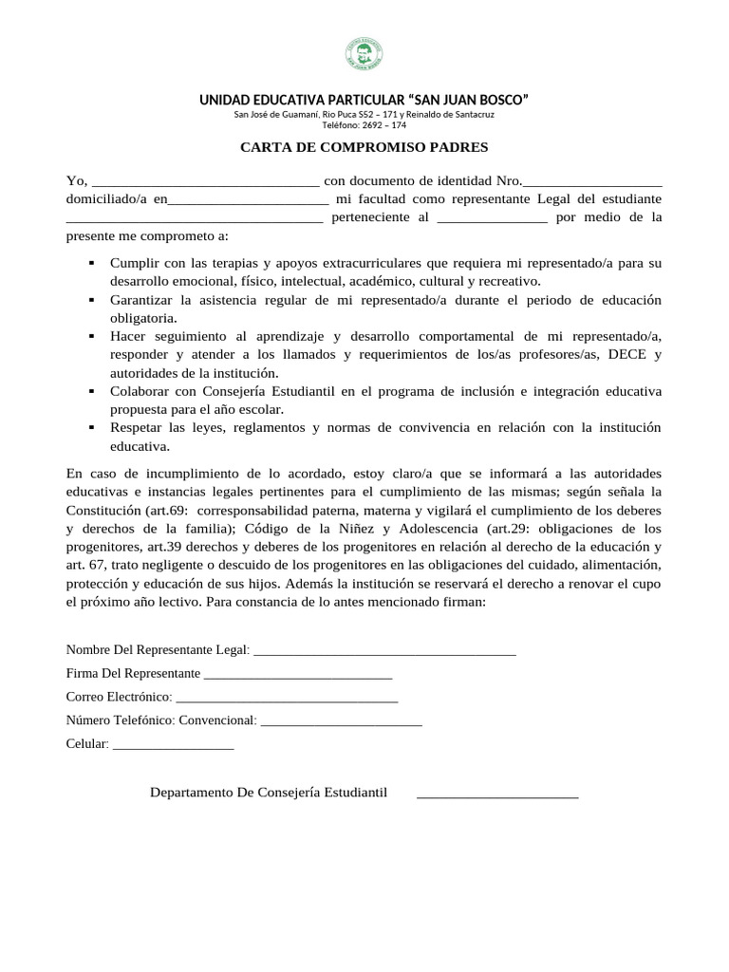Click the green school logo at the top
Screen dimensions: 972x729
click(364, 56)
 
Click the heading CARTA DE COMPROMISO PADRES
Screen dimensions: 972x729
click(364, 147)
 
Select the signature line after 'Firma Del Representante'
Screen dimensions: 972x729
click(298, 676)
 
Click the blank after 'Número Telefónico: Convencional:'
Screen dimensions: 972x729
click(341, 723)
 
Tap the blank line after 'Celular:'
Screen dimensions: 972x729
click(173, 747)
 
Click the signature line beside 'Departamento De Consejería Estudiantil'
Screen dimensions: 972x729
click(497, 795)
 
